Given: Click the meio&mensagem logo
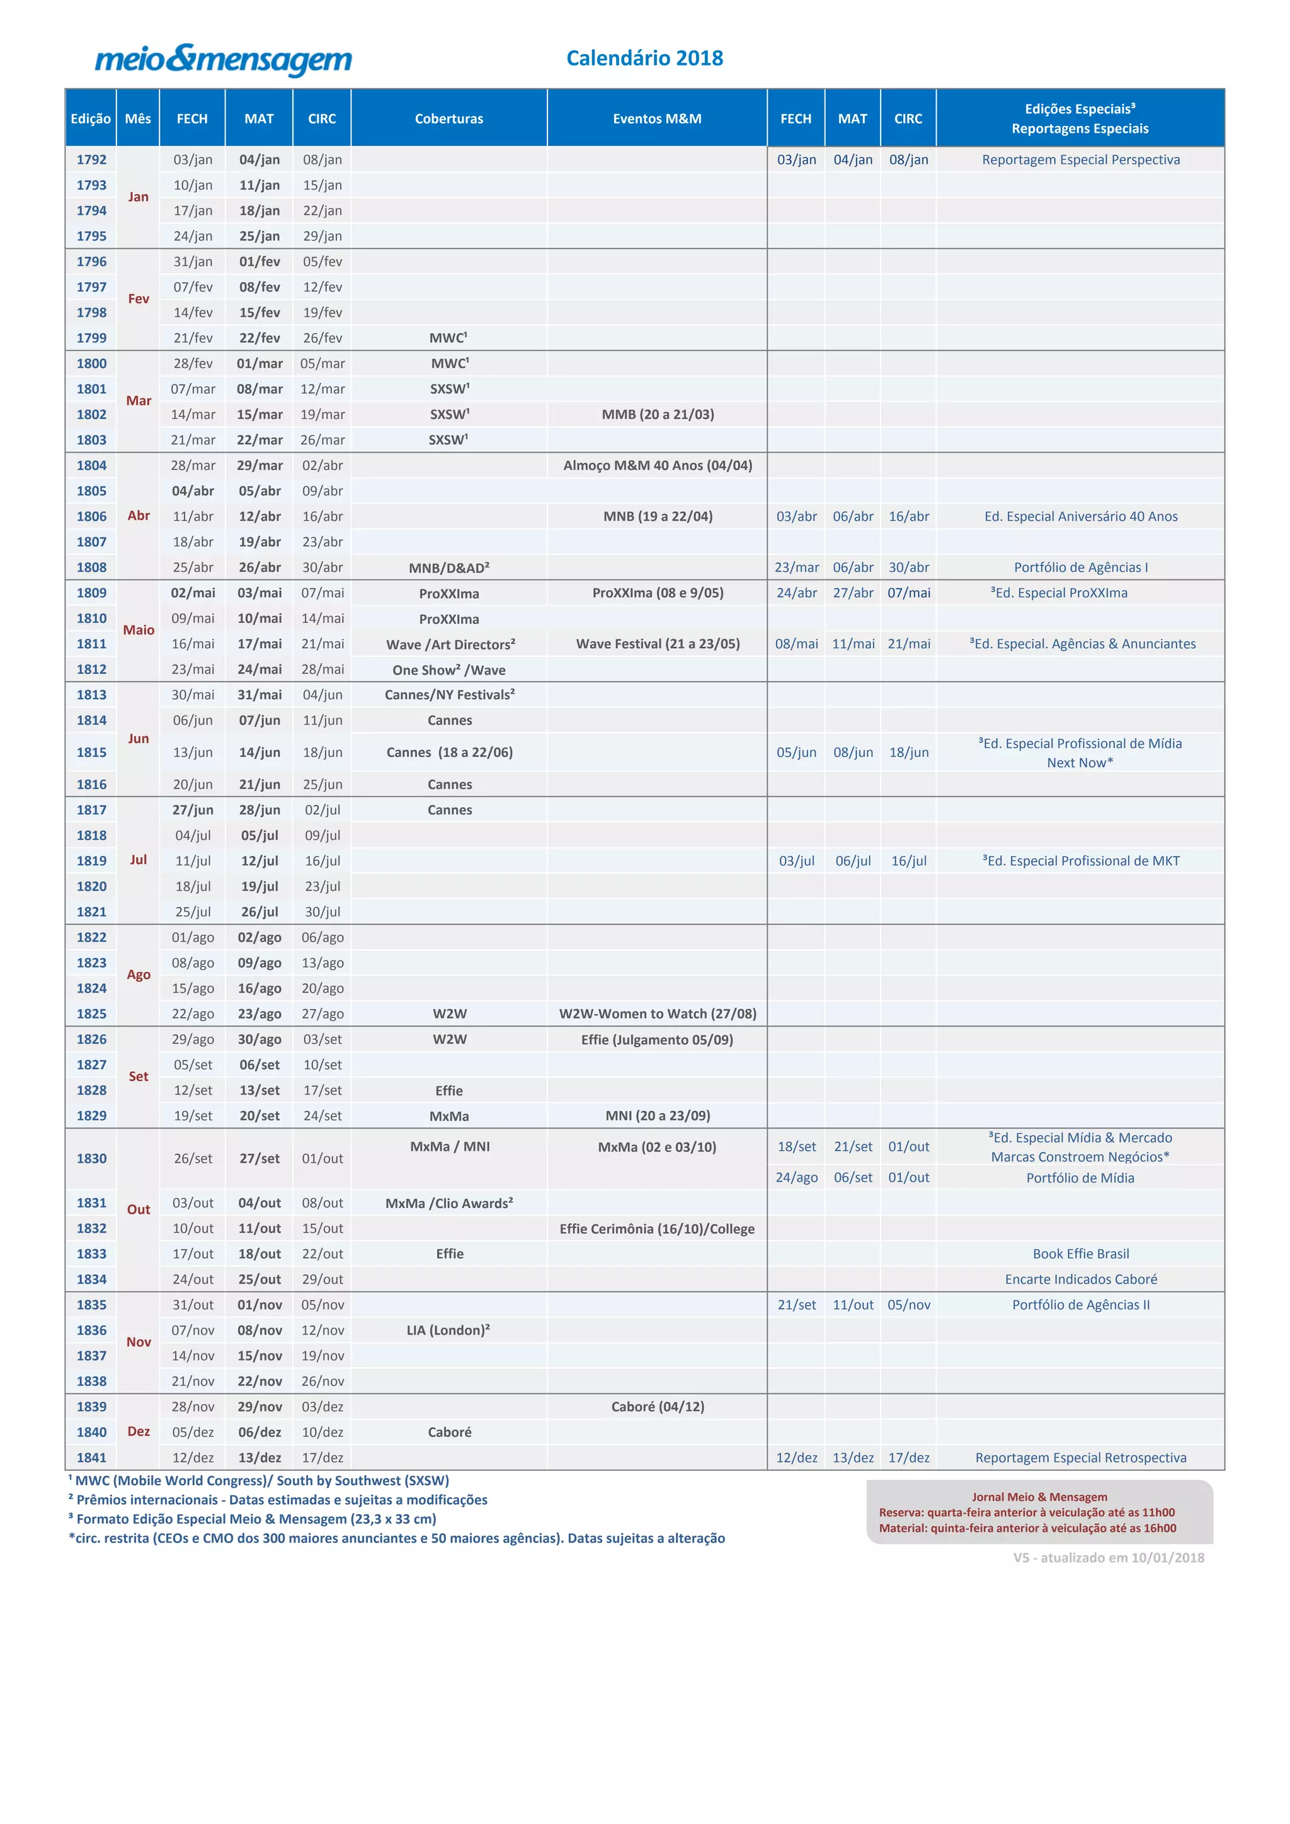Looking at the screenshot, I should (223, 60).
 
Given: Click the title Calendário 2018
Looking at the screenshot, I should (644, 58).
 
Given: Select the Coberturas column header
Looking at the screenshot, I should (449, 118).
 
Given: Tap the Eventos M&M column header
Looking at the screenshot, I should (657, 118).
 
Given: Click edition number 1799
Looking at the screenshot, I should (91, 338).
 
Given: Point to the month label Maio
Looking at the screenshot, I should (138, 630).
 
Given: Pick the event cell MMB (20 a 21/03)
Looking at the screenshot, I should (658, 414).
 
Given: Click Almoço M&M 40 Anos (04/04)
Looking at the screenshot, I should (658, 465).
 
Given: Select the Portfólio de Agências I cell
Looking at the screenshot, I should (1080, 567).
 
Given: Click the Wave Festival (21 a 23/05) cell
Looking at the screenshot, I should (658, 644).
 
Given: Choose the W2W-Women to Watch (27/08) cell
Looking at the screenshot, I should (658, 1013).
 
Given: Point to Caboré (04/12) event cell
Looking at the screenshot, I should (658, 1406).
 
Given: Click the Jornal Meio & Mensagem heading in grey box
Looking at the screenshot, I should (1039, 1496).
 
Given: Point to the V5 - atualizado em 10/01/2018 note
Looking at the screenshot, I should (1108, 1557).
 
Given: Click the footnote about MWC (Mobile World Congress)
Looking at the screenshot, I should (259, 1480).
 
